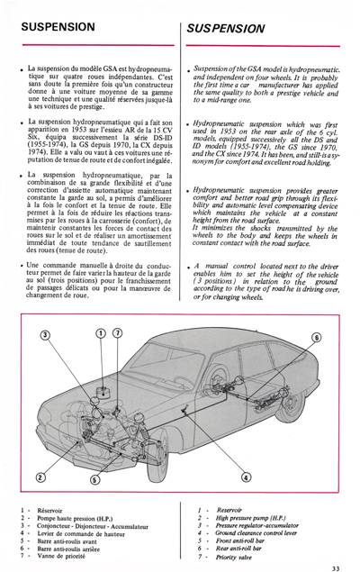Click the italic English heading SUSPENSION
point(226,29)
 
